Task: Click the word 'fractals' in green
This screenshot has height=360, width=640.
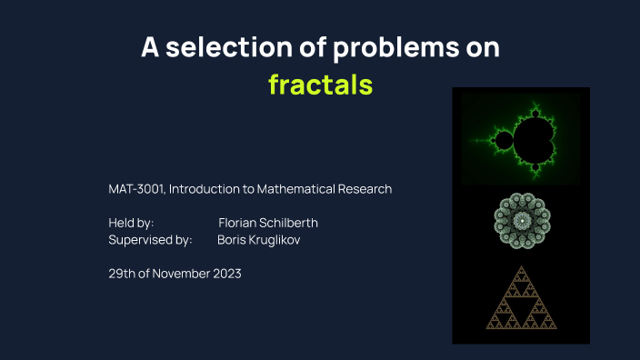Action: pyautogui.click(x=320, y=85)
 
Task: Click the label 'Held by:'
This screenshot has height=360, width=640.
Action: pyautogui.click(x=131, y=223)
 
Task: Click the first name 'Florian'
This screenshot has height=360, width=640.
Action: pyautogui.click(x=238, y=223)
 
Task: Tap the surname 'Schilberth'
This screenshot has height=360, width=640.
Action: pyautogui.click(x=289, y=223)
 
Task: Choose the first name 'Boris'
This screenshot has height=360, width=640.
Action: pyautogui.click(x=232, y=240)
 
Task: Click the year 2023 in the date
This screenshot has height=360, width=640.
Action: pyautogui.click(x=225, y=274)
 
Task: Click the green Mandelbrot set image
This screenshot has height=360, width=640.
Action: pyautogui.click(x=521, y=139)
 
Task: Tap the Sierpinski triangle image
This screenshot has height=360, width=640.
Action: pyautogui.click(x=521, y=301)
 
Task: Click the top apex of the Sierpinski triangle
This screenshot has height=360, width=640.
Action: pyautogui.click(x=521, y=267)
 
